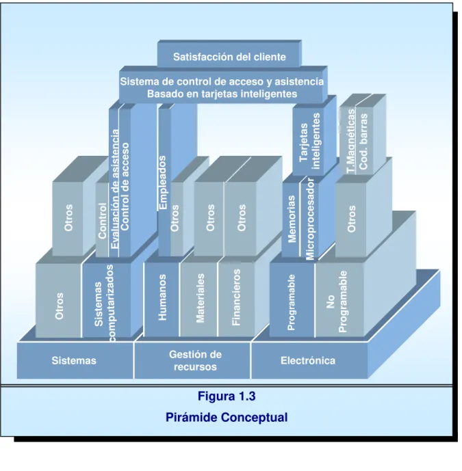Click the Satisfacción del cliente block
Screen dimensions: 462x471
(229, 57)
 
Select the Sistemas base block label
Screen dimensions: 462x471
(74, 360)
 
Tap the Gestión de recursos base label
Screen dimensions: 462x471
(195, 360)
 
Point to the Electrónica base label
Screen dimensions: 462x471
(308, 360)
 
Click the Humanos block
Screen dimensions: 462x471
(162, 297)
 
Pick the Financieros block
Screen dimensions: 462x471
(236, 297)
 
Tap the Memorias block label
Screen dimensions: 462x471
(292, 219)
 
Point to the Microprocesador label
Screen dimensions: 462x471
(310, 219)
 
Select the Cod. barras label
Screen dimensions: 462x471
(363, 142)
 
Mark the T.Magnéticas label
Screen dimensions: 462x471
(351, 142)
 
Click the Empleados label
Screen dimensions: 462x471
(162, 183)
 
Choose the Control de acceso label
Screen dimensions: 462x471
(125, 187)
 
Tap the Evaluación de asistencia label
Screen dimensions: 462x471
(114, 189)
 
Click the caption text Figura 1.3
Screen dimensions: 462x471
(227, 396)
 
